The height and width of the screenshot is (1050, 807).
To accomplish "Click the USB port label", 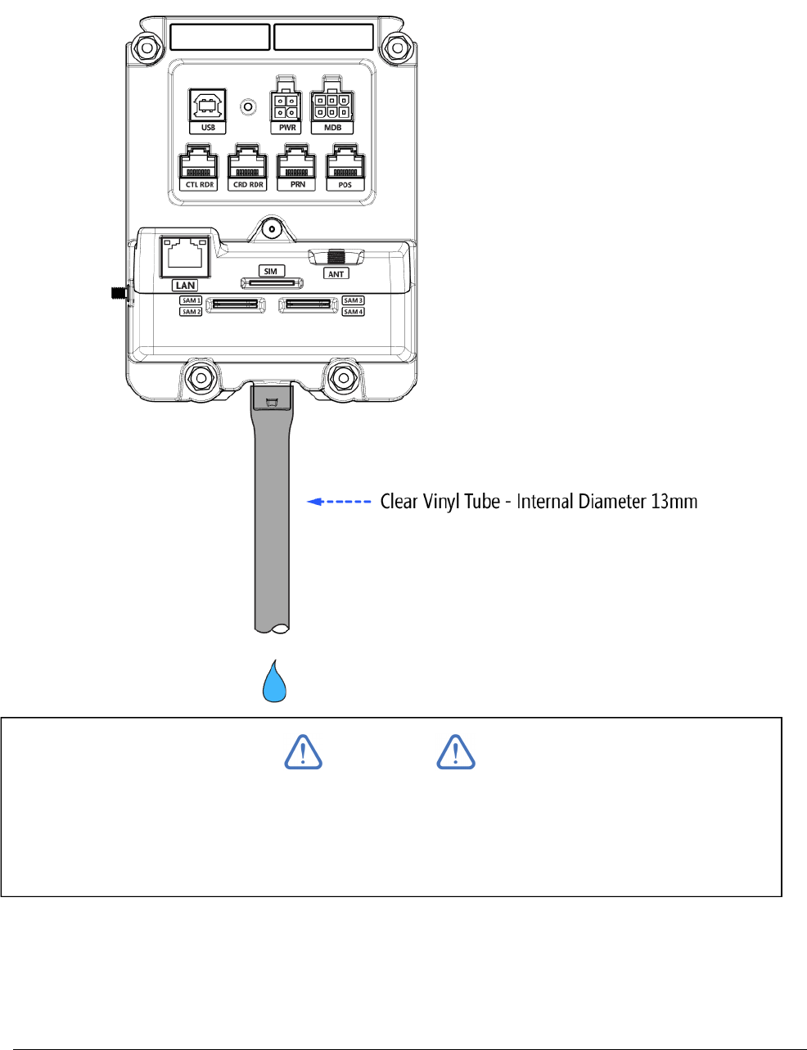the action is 208,128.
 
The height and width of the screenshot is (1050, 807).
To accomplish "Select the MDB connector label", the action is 332,128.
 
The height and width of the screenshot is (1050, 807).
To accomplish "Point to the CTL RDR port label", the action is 199,185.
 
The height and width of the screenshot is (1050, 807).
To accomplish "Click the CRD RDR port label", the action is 248,185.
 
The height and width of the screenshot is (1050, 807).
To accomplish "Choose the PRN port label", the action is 297,185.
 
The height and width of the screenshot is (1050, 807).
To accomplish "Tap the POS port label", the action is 345,185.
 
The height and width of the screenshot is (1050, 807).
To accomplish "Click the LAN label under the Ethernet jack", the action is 185,285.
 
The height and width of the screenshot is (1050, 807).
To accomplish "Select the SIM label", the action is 271,271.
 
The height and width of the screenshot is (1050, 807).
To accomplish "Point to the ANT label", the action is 336,274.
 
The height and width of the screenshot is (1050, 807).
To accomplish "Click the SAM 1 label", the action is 191,300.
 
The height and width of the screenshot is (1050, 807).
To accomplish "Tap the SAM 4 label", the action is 354,312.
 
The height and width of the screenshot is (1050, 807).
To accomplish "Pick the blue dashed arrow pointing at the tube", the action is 340,502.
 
